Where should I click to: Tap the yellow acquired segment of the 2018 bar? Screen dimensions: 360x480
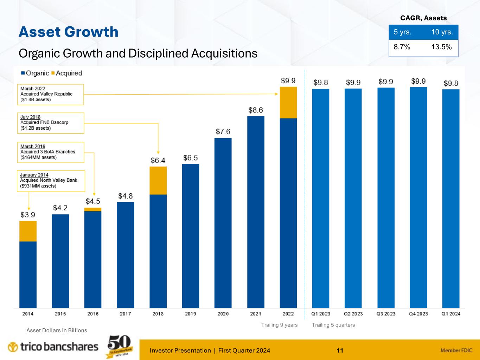[158, 180]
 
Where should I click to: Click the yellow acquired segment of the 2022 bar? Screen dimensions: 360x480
[288, 102]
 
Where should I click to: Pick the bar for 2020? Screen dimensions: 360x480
[223, 223]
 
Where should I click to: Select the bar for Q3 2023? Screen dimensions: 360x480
[386, 198]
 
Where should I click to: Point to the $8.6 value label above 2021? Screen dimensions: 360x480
[256, 110]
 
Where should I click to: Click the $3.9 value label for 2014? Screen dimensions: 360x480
[28, 214]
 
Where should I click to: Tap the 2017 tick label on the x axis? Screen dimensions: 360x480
[126, 314]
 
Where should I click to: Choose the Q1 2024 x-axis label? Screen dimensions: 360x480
[451, 314]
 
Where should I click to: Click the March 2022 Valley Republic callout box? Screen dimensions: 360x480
[51, 94]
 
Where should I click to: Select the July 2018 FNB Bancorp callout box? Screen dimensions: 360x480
[51, 123]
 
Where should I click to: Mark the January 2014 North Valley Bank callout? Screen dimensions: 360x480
[51, 181]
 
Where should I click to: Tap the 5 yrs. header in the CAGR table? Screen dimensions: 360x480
[403, 32]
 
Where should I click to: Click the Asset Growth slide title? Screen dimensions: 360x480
[69, 32]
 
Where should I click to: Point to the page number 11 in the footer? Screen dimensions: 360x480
[340, 350]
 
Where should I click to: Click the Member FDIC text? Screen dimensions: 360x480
[456, 350]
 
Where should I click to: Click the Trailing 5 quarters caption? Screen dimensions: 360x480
[333, 325]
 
